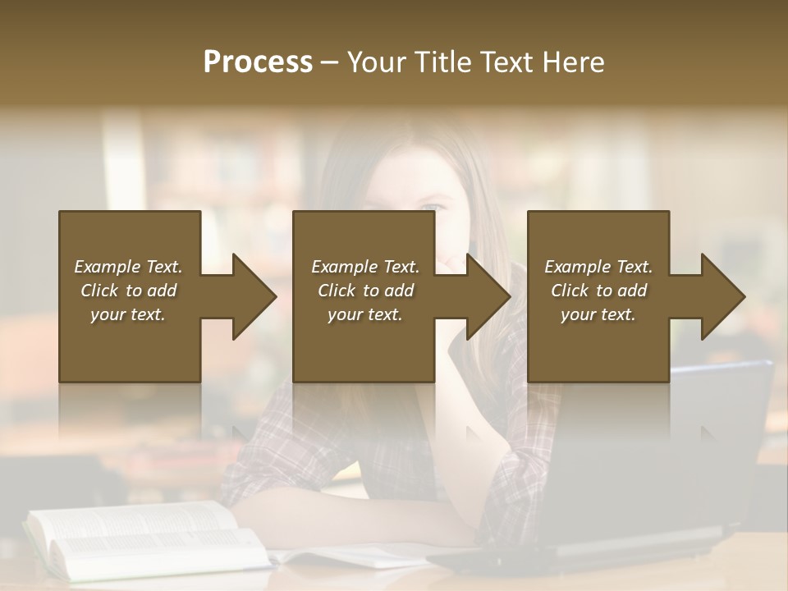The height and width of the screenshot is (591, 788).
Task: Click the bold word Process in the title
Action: [258, 62]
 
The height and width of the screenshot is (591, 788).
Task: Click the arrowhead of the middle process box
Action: [489, 296]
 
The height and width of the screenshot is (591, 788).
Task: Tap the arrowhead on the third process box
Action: [723, 296]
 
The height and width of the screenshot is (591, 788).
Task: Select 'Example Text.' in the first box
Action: [128, 267]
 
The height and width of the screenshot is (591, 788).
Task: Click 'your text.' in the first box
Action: [128, 314]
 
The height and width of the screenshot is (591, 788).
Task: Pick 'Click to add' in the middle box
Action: [365, 291]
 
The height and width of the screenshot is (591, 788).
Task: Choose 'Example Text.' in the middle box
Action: [365, 267]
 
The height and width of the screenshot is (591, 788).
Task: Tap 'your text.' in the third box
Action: [598, 314]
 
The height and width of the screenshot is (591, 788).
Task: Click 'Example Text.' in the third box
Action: [598, 267]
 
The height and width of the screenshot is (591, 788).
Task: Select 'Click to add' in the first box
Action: [128, 291]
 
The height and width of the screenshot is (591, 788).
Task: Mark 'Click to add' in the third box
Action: [598, 291]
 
